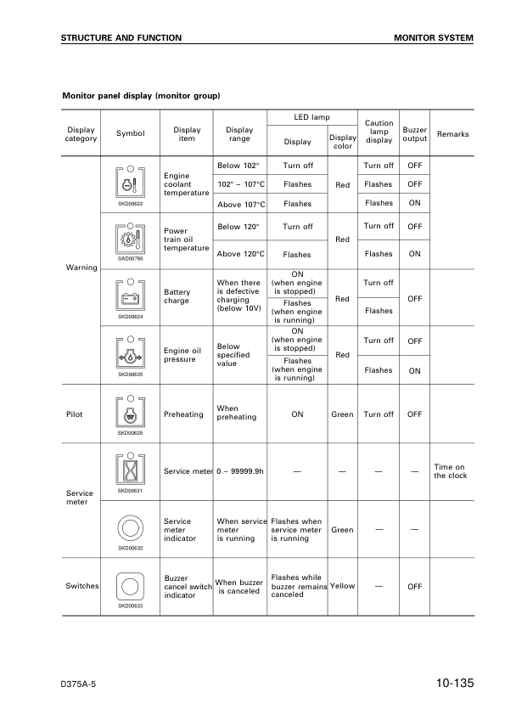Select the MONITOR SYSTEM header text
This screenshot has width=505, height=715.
pyautogui.click(x=434, y=38)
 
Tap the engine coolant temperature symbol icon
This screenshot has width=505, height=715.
pyautogui.click(x=131, y=182)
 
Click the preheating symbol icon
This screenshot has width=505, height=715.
pyautogui.click(x=131, y=411)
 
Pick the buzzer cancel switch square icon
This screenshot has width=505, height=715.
pyautogui.click(x=131, y=585)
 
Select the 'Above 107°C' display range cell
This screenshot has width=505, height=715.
pyautogui.click(x=242, y=205)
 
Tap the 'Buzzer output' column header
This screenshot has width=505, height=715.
pyautogui.click(x=414, y=134)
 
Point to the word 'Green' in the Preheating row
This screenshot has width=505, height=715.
pyautogui.click(x=342, y=414)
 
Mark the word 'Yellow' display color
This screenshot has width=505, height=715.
pyautogui.click(x=342, y=586)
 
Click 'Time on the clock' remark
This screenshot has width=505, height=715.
pyautogui.click(x=450, y=471)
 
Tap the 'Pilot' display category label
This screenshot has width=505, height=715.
pyautogui.click(x=76, y=414)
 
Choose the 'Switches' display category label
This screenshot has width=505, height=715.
pyautogui.click(x=82, y=586)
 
